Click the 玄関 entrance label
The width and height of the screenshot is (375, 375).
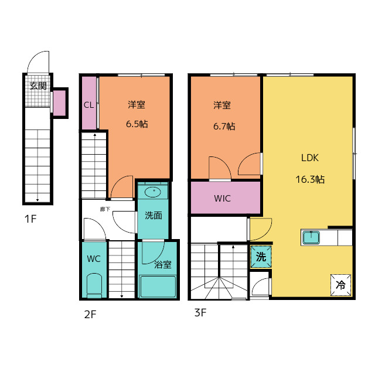(x=38, y=86)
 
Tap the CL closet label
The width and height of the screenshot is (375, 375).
(x=88, y=105)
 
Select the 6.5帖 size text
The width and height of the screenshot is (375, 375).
(x=137, y=124)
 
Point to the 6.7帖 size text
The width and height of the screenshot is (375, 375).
(x=224, y=127)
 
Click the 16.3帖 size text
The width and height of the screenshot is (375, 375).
(x=310, y=179)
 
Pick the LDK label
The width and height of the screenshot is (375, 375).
(x=310, y=158)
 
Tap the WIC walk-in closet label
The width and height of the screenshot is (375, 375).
(x=223, y=199)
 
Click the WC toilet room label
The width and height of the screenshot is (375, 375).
(x=94, y=259)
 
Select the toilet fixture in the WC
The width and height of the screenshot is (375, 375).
(x=94, y=285)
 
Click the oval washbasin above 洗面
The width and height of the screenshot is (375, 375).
(x=153, y=192)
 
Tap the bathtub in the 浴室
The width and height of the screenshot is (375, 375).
(x=158, y=287)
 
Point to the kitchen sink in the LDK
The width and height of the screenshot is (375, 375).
(x=311, y=237)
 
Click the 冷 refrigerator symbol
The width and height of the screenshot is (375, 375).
(x=340, y=285)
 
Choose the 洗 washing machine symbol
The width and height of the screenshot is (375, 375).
(x=261, y=257)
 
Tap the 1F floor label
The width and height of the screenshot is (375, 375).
(x=30, y=219)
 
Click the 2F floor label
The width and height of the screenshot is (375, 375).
(x=90, y=315)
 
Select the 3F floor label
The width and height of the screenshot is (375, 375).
(x=200, y=312)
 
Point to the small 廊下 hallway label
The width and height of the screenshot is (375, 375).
(x=105, y=209)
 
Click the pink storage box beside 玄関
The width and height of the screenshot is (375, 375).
(x=59, y=103)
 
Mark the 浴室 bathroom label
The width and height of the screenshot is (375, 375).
(x=163, y=264)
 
